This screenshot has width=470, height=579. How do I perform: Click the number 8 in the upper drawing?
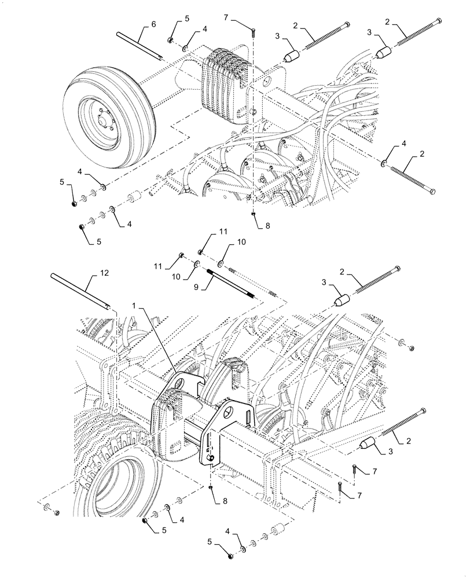(267, 227)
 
